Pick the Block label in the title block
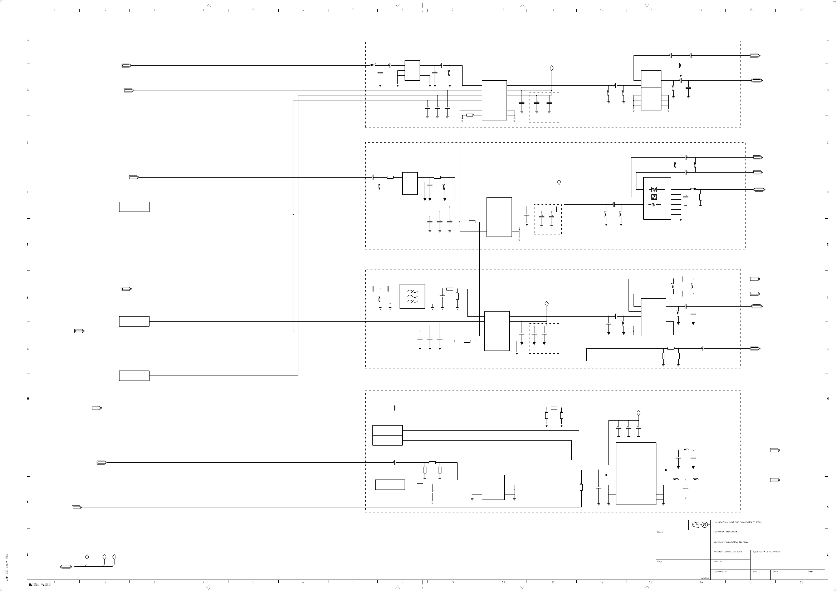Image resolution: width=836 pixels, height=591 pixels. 660,532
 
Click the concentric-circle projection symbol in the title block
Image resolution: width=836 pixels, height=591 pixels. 704,525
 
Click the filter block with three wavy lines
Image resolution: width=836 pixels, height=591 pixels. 412,296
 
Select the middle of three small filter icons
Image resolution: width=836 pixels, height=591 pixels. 654,197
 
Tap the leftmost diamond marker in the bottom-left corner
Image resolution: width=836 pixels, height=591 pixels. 87,557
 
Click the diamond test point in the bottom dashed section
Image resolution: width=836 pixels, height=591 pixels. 638,413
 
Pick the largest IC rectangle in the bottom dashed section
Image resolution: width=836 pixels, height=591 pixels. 636,473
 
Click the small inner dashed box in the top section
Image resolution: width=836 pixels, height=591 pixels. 544,108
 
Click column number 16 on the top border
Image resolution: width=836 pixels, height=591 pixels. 801,10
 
